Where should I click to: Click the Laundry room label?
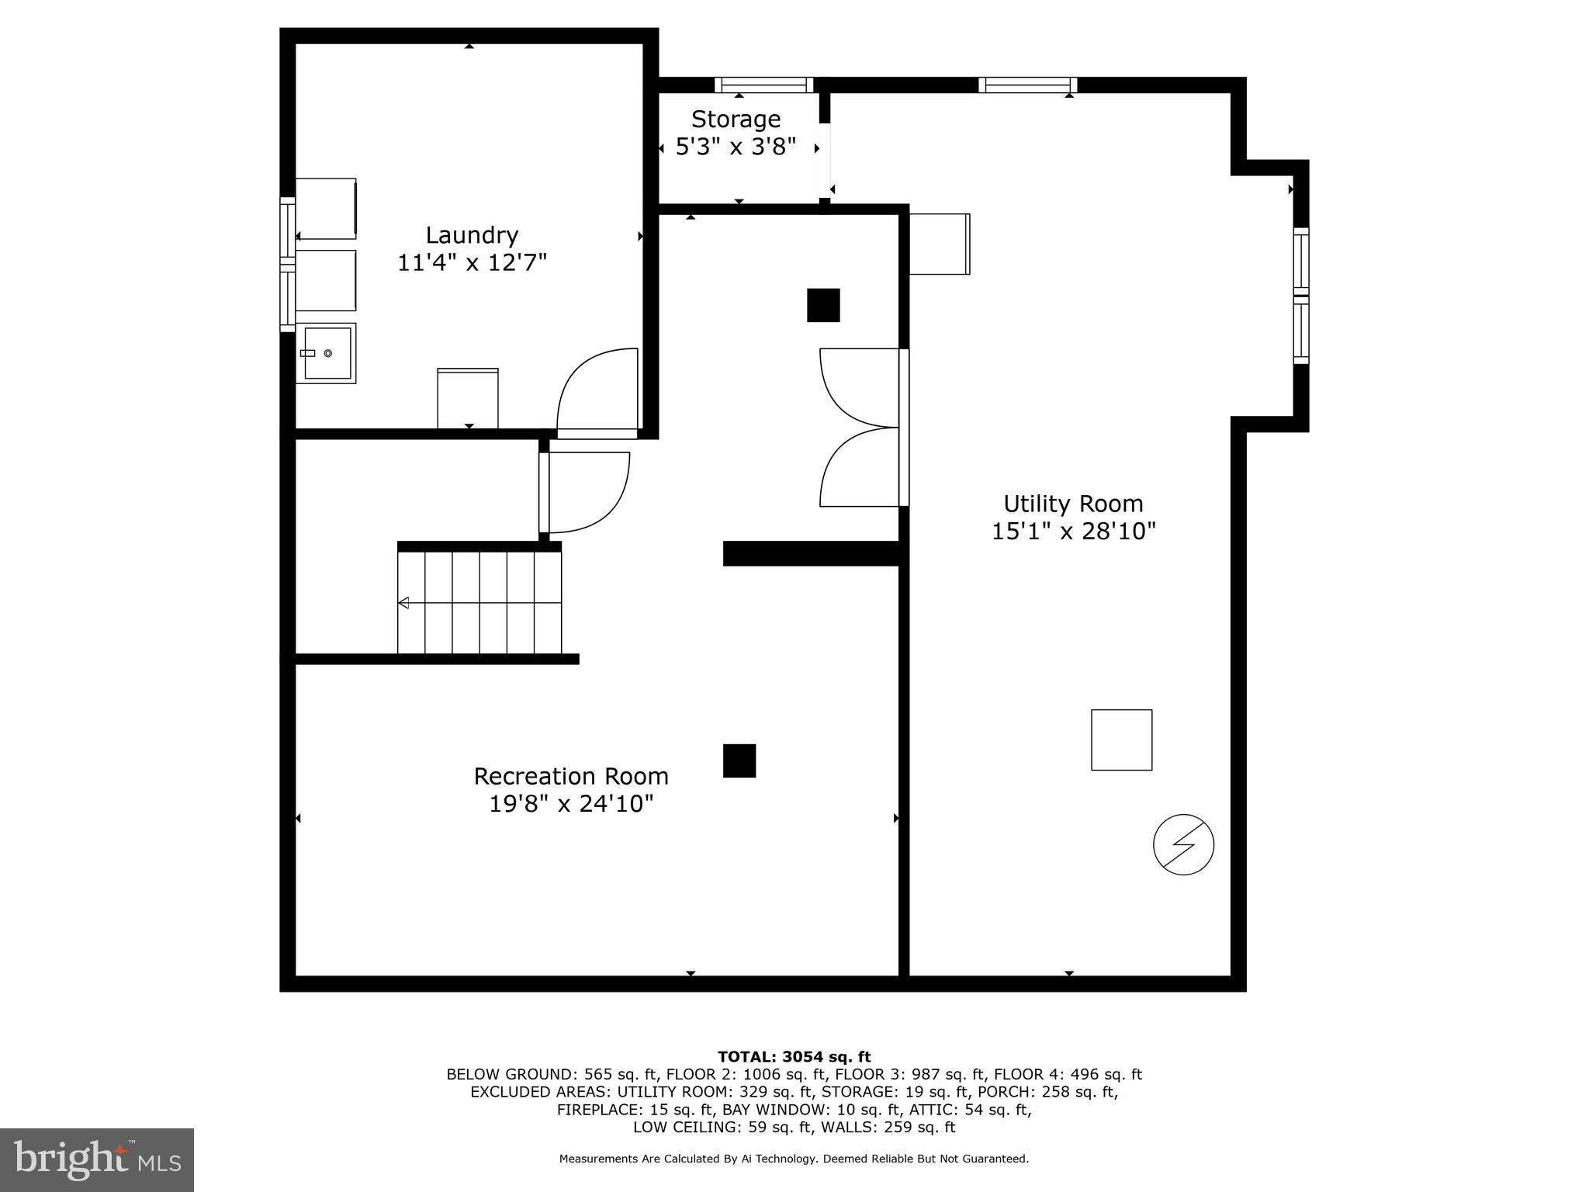click(472, 235)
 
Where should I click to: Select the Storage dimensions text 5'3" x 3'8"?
click(736, 147)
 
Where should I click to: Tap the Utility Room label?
click(1073, 504)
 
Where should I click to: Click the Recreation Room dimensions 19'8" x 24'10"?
click(571, 803)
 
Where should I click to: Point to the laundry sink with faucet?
click(327, 353)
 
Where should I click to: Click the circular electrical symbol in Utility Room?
click(1183, 844)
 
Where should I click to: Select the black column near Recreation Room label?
click(739, 761)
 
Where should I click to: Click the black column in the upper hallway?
click(823, 305)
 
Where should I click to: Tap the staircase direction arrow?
click(403, 603)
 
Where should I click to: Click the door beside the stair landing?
click(586, 492)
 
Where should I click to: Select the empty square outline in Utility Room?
click(1121, 740)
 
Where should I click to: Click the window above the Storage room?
click(763, 85)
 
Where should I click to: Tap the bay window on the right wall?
click(1300, 296)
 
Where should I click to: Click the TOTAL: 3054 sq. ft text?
click(794, 1056)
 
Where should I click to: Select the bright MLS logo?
click(97, 1159)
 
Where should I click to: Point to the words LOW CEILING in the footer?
click(673, 1127)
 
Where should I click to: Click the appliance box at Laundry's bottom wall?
click(468, 398)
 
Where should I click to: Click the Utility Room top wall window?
click(1027, 85)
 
